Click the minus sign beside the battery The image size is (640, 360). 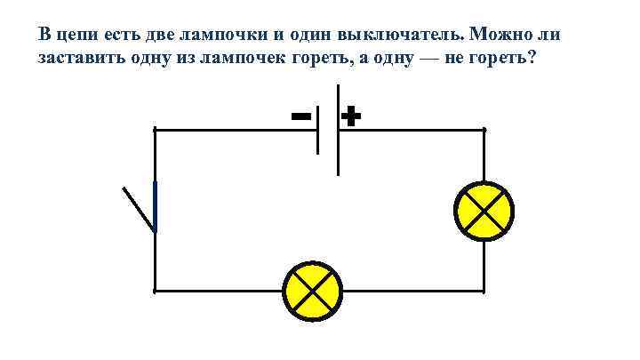tap(300, 116)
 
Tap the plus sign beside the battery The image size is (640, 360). tap(352, 116)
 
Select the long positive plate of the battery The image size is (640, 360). tap(338, 130)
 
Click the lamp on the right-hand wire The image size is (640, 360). tap(484, 211)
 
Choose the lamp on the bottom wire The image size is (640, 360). tap(312, 292)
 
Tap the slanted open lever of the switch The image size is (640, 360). tap(139, 209)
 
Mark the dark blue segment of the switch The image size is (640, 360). tap(156, 206)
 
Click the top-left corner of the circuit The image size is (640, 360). tap(156, 130)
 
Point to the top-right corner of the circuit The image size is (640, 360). tap(484, 130)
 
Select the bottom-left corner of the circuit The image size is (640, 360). tap(156, 291)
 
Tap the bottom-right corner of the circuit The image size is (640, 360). tap(484, 291)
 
